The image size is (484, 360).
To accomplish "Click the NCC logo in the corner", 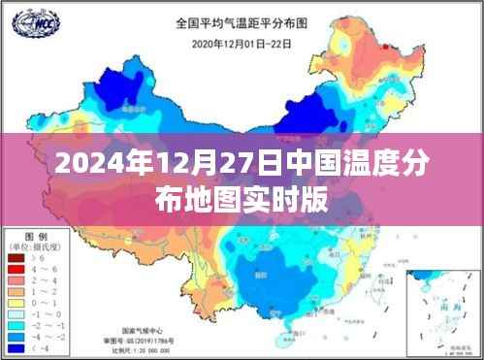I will [30, 19].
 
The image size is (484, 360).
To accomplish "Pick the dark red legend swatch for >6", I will [17, 260].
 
